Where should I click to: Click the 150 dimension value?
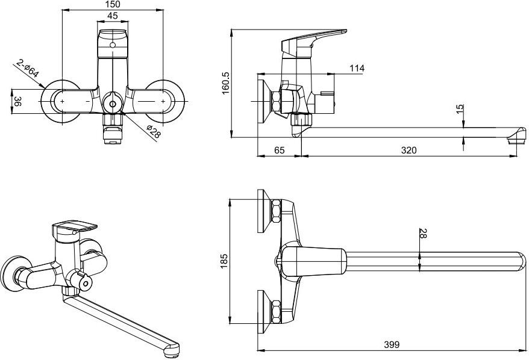pos(113,4)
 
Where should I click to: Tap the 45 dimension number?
pos(113,16)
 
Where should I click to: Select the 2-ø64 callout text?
pos(28,69)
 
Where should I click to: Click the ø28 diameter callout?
pos(154,131)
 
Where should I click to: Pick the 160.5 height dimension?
pos(226,83)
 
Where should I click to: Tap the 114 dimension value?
pos(357,69)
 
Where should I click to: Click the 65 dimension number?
pos(280,150)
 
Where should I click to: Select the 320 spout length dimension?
pos(408,150)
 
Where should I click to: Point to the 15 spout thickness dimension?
pos(460,109)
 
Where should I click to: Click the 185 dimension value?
pos(224,261)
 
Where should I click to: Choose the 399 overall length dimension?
pos(392,344)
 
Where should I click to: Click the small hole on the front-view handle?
pos(113,45)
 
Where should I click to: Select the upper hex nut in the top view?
pos(276,211)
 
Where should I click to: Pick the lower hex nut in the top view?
pos(276,312)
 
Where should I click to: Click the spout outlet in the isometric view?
pos(171,350)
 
